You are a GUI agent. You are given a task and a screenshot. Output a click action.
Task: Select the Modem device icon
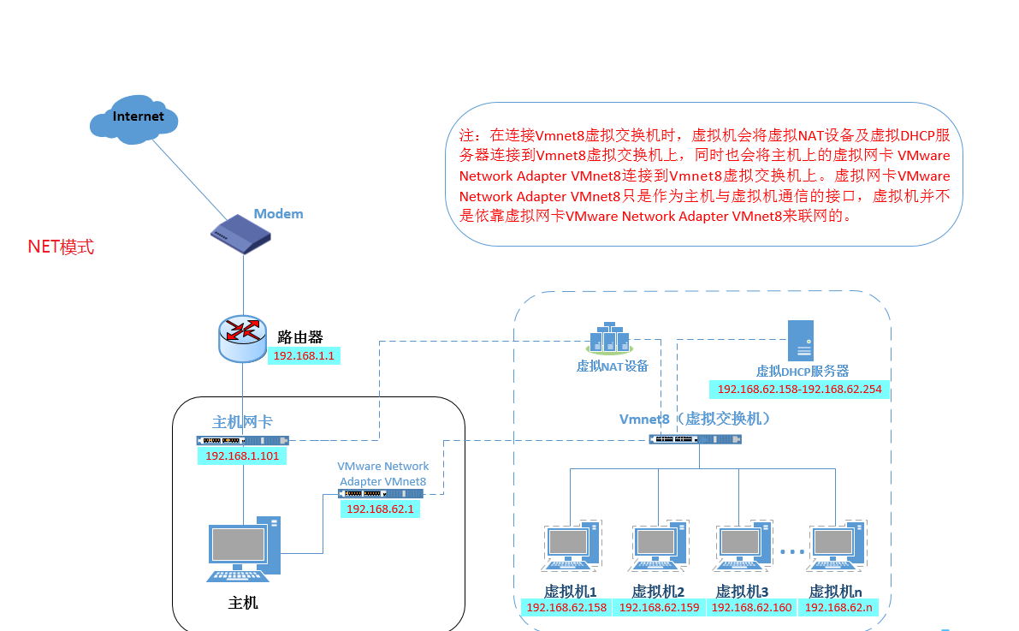[244, 234]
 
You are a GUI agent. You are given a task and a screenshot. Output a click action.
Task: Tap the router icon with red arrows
[242, 337]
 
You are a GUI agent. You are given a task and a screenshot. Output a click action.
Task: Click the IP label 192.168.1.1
[304, 354]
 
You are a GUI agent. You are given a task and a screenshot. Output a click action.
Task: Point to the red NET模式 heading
[61, 247]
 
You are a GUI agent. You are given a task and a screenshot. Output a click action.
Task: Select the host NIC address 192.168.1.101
[242, 455]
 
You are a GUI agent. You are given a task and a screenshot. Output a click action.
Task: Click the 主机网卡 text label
[242, 421]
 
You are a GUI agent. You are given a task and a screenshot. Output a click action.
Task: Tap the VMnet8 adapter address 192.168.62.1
[381, 508]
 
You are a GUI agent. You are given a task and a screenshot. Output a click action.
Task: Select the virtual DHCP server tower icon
[801, 341]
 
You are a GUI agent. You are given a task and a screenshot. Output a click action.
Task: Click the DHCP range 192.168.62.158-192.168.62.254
[801, 390]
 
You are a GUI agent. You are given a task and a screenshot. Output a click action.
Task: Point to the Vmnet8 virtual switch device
[696, 439]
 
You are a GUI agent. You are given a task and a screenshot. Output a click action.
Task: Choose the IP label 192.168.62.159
[659, 608]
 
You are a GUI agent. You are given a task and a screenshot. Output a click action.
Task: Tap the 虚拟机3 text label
[742, 591]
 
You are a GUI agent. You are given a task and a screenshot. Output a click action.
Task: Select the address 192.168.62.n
[838, 608]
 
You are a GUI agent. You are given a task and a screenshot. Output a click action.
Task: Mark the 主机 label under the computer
[243, 603]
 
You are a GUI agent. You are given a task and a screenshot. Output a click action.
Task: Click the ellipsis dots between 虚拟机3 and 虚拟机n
[791, 551]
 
